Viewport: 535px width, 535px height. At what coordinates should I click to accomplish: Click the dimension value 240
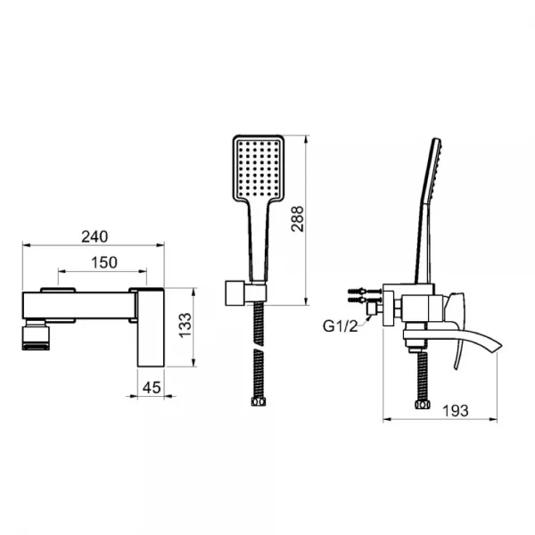click(95, 236)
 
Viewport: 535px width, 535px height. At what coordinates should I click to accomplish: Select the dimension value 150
click(104, 263)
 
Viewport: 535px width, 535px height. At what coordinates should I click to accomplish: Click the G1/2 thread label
click(340, 326)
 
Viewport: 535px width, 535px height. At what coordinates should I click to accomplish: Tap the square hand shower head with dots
click(259, 169)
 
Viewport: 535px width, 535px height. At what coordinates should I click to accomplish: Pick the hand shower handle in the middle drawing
click(259, 241)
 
